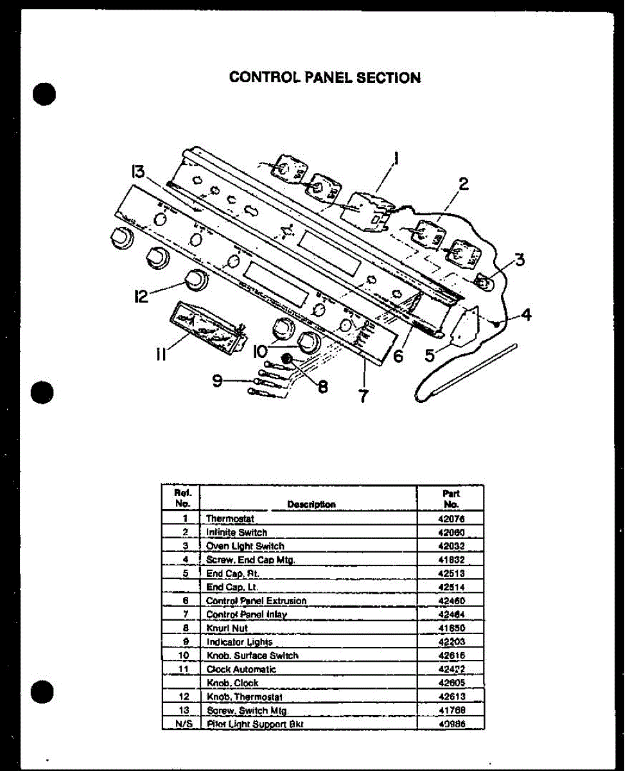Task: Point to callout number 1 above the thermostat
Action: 396,158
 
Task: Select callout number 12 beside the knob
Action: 141,296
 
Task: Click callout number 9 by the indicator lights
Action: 218,381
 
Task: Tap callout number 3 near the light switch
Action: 519,260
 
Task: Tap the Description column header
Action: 311,504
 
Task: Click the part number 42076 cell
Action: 451,518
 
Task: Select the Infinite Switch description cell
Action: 236,532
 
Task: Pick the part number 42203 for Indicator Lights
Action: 451,641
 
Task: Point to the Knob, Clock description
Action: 232,683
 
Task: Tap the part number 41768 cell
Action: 451,710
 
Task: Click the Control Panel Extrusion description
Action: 256,601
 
